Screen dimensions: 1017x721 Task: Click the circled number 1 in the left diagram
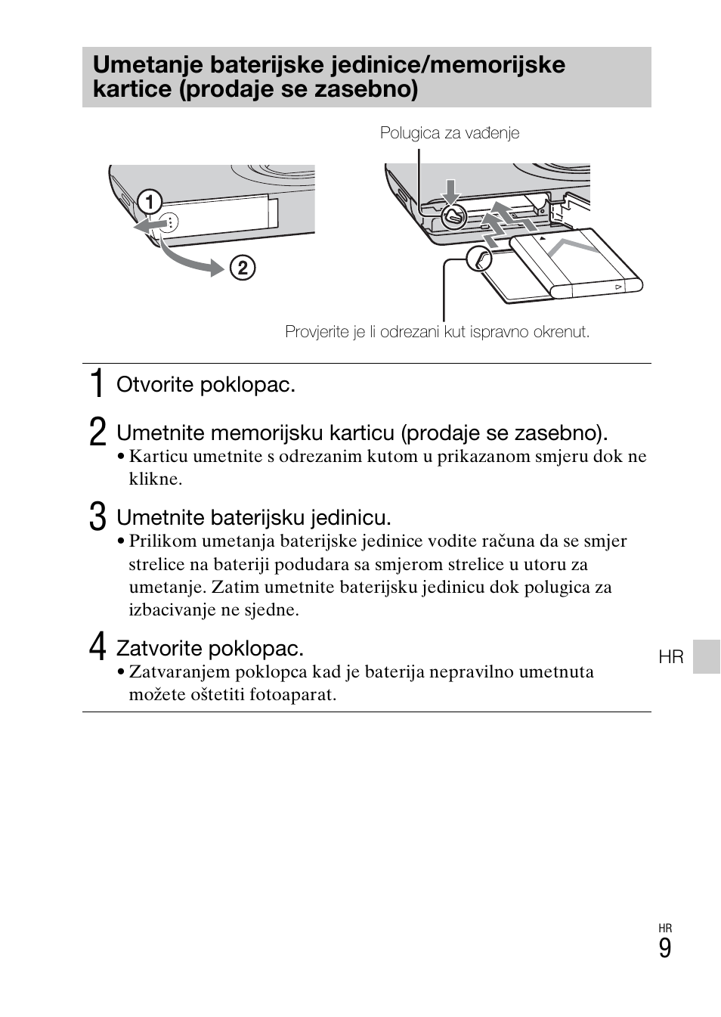(x=150, y=202)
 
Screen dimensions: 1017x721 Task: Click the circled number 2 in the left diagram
(x=243, y=268)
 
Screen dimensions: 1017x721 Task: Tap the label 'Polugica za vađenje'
(x=450, y=133)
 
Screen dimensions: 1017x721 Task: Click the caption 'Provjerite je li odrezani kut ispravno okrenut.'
(x=437, y=332)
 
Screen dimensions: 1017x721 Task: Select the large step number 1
(x=96, y=384)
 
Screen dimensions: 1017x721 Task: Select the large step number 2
(x=97, y=433)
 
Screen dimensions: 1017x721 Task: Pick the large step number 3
(x=97, y=517)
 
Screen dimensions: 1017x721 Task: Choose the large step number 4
(x=97, y=648)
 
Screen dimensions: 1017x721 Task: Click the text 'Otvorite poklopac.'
(x=206, y=385)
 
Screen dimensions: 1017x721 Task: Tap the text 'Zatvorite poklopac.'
(x=209, y=648)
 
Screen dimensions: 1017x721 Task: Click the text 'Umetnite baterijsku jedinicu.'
(x=253, y=517)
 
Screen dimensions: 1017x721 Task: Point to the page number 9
(x=664, y=948)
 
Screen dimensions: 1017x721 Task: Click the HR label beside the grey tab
(x=670, y=657)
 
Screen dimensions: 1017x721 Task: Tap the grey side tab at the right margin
(x=707, y=656)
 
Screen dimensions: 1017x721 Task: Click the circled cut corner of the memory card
(x=479, y=259)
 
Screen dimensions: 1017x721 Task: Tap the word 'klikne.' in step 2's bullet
(x=155, y=479)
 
